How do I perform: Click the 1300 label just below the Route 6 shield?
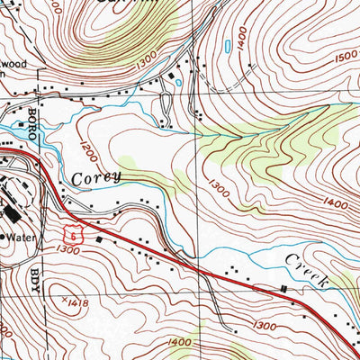pyautogui.click(x=65, y=250)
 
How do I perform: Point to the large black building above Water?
pyautogui.click(x=15, y=213)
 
